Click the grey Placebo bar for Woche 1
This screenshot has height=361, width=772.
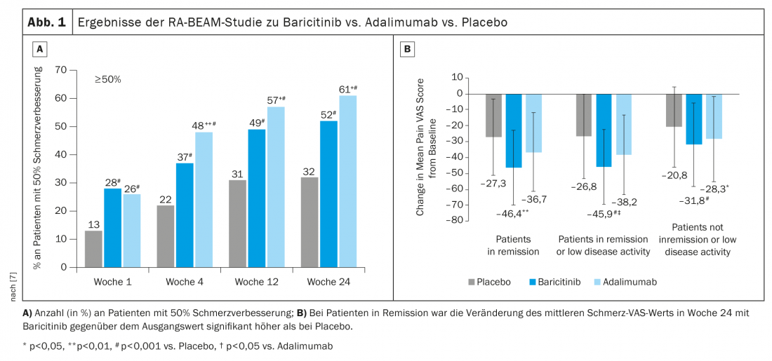coord(93,249)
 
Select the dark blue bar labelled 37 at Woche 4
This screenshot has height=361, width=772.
coord(185,215)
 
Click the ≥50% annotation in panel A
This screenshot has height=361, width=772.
coord(109,80)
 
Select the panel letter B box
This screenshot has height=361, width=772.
coord(406,49)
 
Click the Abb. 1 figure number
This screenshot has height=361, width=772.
coord(46,22)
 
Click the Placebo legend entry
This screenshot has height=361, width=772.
coord(488,282)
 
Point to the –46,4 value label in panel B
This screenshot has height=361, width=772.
coord(512,212)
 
